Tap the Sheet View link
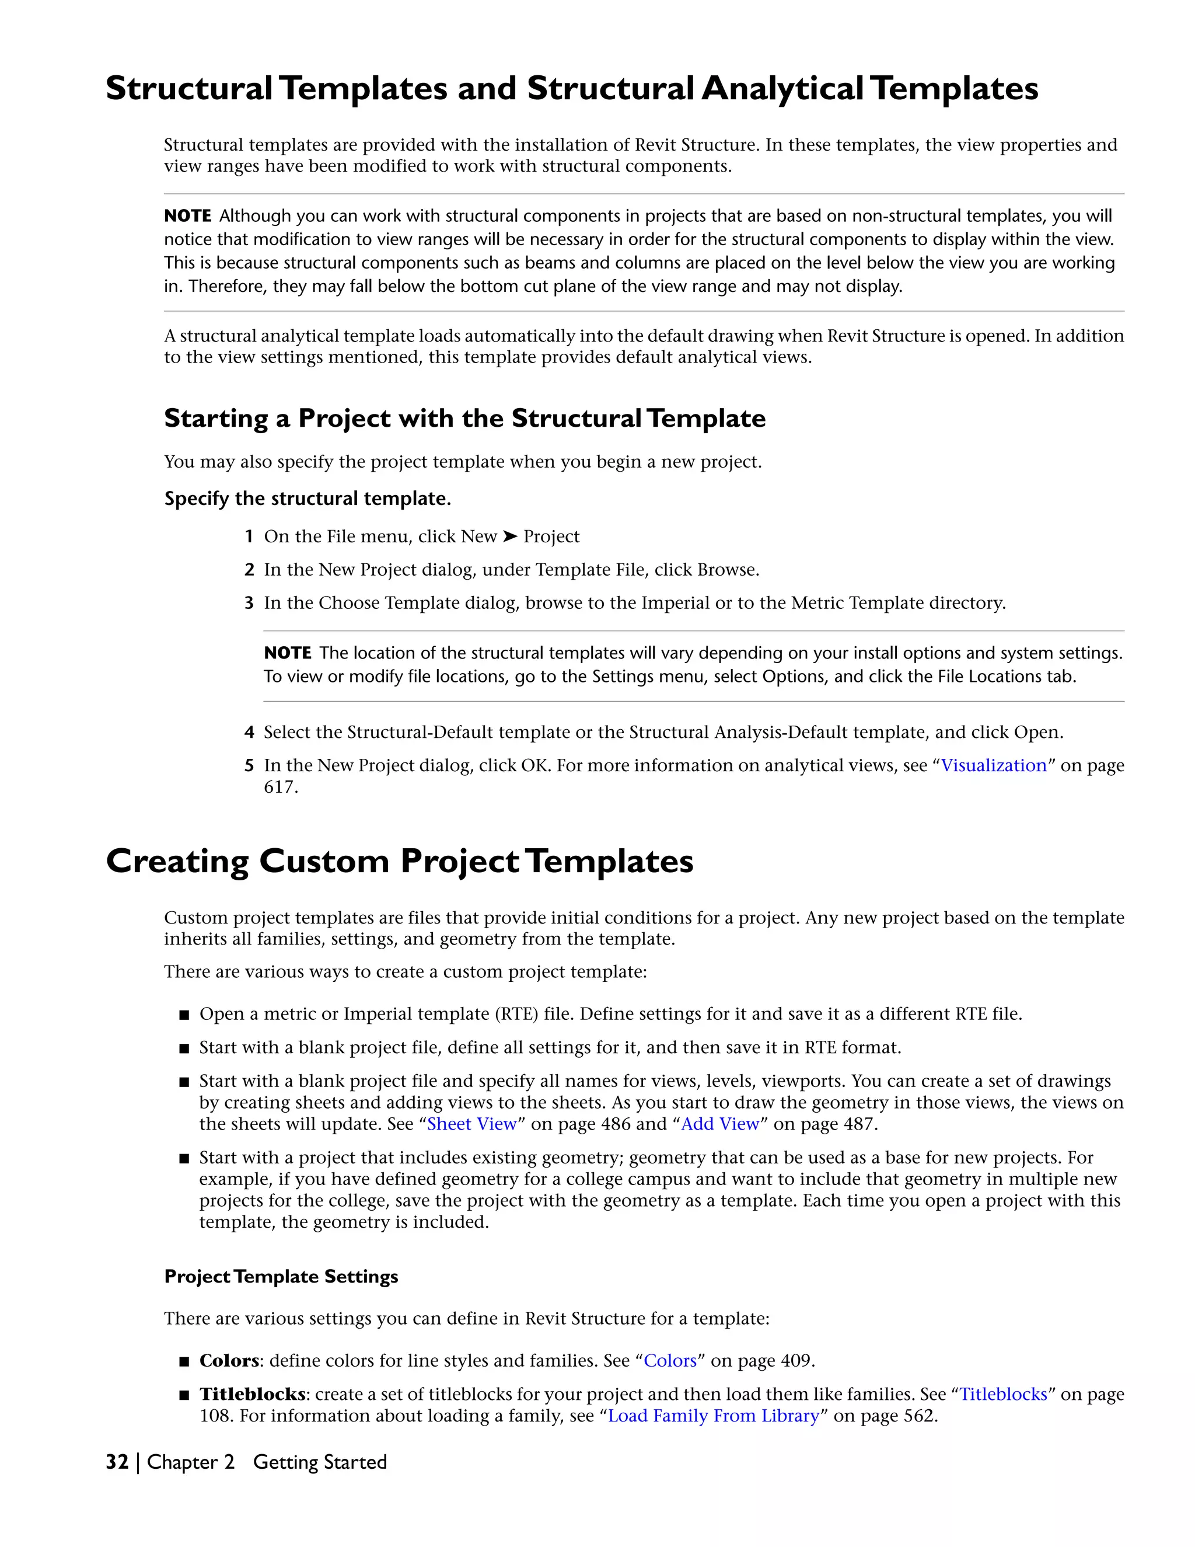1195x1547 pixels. (x=471, y=1124)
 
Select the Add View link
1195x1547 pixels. (x=719, y=1124)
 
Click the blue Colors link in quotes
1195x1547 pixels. (x=670, y=1361)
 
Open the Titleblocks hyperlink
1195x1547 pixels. (x=1003, y=1394)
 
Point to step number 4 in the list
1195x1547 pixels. (x=249, y=733)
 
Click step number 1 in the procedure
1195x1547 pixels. (x=249, y=537)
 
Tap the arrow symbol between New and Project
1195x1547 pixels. (x=510, y=537)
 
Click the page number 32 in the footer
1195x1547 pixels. (x=117, y=1462)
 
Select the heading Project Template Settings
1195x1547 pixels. (x=281, y=1276)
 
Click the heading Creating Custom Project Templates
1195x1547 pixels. (x=399, y=861)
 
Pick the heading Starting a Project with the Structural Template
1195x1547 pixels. (x=464, y=419)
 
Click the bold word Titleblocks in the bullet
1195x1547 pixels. (x=252, y=1394)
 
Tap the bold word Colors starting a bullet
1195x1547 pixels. (x=229, y=1361)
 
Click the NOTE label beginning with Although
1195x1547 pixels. (x=188, y=216)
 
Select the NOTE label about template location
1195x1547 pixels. (x=288, y=653)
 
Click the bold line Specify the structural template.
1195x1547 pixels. (x=308, y=499)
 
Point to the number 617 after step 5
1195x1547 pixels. (x=279, y=787)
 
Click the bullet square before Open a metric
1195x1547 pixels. (x=184, y=1015)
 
